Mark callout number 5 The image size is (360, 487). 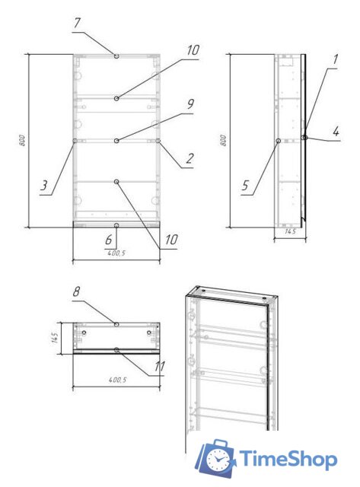pyautogui.click(x=246, y=184)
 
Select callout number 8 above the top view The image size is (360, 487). pyautogui.click(x=77, y=291)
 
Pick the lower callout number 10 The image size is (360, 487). pyautogui.click(x=171, y=240)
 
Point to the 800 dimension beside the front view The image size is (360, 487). pyautogui.click(x=23, y=142)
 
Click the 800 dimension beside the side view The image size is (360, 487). pyautogui.click(x=222, y=142)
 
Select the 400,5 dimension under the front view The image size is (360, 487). pyautogui.click(x=116, y=253)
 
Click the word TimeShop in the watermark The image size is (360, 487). pyautogui.click(x=288, y=459)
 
